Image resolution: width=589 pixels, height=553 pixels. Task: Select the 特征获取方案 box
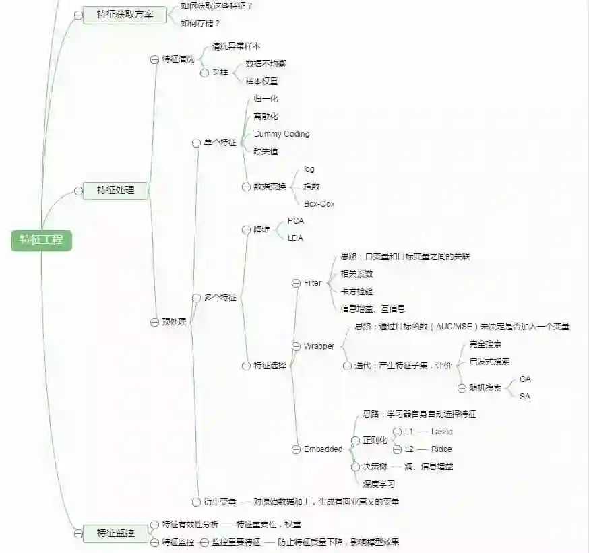point(125,15)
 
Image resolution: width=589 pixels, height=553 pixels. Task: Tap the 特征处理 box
point(115,191)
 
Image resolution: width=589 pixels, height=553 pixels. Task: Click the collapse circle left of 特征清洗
point(154,59)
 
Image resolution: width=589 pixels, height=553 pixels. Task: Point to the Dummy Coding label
point(282,134)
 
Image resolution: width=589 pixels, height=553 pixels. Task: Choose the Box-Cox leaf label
point(319,203)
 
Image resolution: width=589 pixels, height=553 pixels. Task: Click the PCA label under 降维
point(296,221)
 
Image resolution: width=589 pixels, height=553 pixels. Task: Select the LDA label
point(296,238)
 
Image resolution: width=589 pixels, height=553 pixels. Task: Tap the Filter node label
point(313,283)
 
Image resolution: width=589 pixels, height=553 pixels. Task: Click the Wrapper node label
point(319,346)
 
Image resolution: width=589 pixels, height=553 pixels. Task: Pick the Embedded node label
point(323,449)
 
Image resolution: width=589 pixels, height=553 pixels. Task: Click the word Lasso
point(442,432)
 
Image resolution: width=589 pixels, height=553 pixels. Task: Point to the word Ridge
point(441,449)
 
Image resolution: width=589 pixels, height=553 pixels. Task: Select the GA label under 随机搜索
point(525,379)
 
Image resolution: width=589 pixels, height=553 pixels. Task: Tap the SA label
point(525,397)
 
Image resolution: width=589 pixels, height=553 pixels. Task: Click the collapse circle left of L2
point(397,449)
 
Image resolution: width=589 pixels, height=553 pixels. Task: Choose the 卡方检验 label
point(356,292)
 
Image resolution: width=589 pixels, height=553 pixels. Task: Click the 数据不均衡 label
point(266,64)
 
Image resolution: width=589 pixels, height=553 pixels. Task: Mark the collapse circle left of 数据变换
point(246,187)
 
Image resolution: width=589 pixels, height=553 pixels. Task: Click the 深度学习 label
point(379,484)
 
